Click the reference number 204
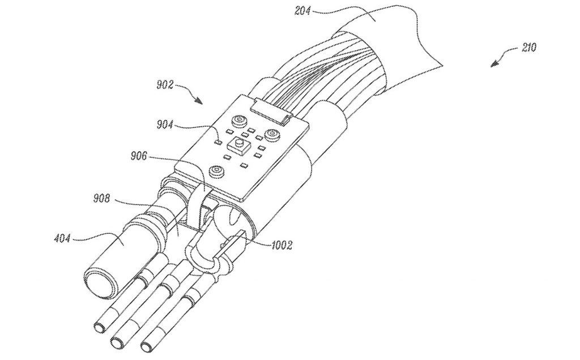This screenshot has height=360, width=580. pos(302,10)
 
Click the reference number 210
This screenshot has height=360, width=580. pos(529,48)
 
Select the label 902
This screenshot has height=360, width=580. pos(165,85)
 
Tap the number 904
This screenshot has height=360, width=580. pos(165,125)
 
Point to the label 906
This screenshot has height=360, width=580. pos(139,156)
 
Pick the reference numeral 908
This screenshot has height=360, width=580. pos(102,199)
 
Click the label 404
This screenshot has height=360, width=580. pos(62,238)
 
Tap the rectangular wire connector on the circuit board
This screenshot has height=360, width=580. pos(270,110)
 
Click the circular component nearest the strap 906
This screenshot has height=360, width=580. pos(216,171)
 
